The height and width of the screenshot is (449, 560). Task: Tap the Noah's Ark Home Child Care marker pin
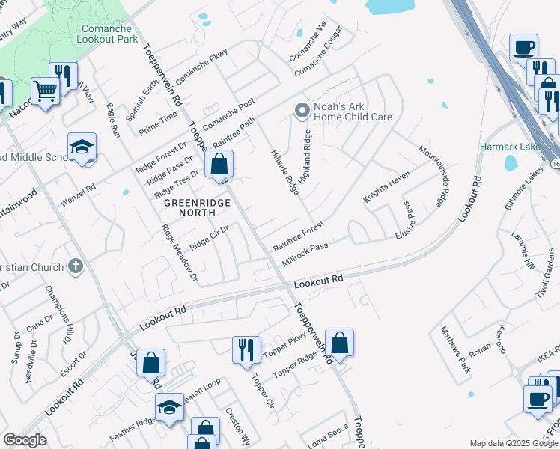tap(302, 112)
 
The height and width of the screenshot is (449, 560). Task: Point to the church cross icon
tap(75, 266)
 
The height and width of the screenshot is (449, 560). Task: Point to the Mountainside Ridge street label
tap(433, 177)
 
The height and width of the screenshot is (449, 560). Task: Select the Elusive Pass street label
tap(409, 219)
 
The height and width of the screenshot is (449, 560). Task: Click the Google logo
tap(25, 440)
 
